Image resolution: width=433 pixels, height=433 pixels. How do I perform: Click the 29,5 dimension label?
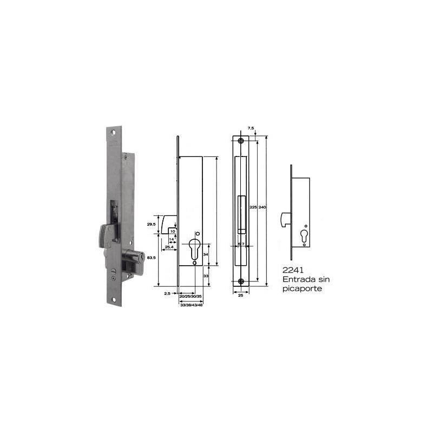pos(152,224)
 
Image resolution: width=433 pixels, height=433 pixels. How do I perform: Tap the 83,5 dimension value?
pos(152,258)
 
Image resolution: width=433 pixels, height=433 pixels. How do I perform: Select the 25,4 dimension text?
pos(168,247)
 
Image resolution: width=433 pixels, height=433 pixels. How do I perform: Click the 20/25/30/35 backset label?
pos(191,297)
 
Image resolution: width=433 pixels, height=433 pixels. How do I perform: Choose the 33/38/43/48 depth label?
pos(191,305)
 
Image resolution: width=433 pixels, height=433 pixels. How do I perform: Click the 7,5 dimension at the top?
pos(251,128)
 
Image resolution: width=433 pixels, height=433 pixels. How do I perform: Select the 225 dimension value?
pos(253,207)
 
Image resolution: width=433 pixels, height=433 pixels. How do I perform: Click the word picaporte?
pos(303,289)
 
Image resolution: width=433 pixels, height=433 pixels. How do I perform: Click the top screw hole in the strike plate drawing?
pos(241,141)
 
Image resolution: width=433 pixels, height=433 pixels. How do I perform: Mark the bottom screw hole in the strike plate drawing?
pos(241,281)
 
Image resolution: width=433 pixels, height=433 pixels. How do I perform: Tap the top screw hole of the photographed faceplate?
pos(114,133)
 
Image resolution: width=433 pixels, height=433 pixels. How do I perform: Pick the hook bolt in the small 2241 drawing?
pos(286,219)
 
